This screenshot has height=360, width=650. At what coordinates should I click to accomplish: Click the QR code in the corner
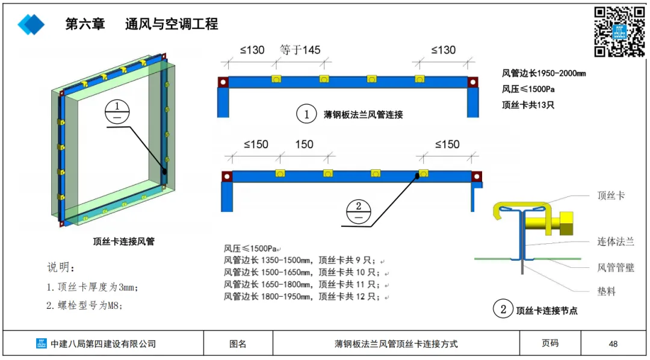(x=619, y=32)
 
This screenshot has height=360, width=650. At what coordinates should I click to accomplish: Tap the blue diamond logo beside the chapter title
(x=31, y=24)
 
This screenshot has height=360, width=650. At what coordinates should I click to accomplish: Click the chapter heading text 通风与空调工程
(x=172, y=24)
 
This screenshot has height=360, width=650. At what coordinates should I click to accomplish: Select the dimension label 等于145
(x=300, y=50)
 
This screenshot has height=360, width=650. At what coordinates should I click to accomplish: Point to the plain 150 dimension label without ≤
(x=304, y=144)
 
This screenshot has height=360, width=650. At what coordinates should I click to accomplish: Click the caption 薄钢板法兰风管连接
(x=363, y=114)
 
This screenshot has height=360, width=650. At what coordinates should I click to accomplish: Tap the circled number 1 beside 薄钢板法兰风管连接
(x=307, y=114)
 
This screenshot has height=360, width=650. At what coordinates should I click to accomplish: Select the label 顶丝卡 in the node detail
(x=611, y=196)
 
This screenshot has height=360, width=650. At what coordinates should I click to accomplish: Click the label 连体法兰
(x=615, y=241)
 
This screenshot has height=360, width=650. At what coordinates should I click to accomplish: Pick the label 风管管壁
(x=615, y=267)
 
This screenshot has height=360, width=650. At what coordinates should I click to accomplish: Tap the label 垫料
(x=607, y=291)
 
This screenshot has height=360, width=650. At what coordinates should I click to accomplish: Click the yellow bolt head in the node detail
(x=567, y=223)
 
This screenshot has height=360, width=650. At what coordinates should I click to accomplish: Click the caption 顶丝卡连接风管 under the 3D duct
(x=123, y=241)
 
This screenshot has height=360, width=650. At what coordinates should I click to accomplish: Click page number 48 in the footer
(x=613, y=344)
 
